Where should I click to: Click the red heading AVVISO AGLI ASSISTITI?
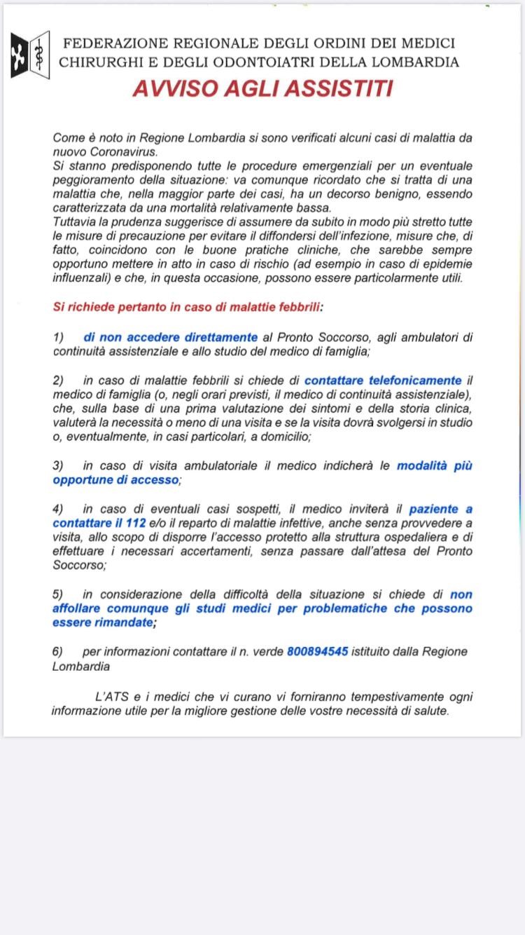262,89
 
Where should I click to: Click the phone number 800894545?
317,651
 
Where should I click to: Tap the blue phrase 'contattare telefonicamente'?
383,381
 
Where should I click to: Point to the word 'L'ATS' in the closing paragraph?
110,697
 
